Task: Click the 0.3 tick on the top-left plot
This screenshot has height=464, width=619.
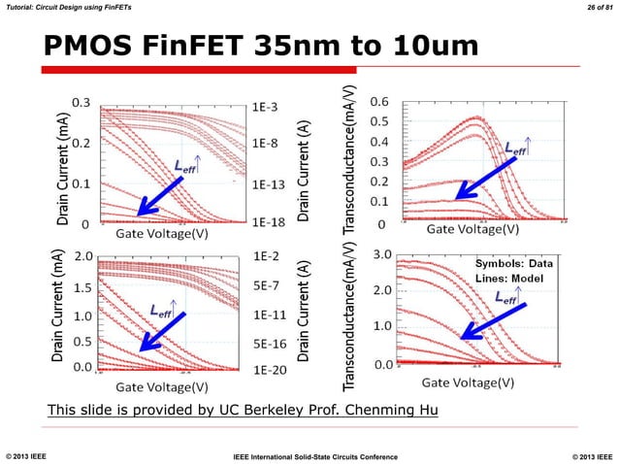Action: tap(81, 101)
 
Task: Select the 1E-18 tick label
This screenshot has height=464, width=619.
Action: tap(272, 222)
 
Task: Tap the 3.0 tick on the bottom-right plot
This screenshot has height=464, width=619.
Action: tap(382, 254)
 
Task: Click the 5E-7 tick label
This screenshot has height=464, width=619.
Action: tap(270, 286)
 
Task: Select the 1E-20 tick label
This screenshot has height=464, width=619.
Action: tap(272, 371)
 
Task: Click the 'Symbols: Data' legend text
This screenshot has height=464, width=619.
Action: tap(514, 263)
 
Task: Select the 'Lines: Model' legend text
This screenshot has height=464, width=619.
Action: tap(513, 278)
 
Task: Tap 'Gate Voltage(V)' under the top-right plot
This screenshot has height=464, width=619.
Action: tap(474, 230)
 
